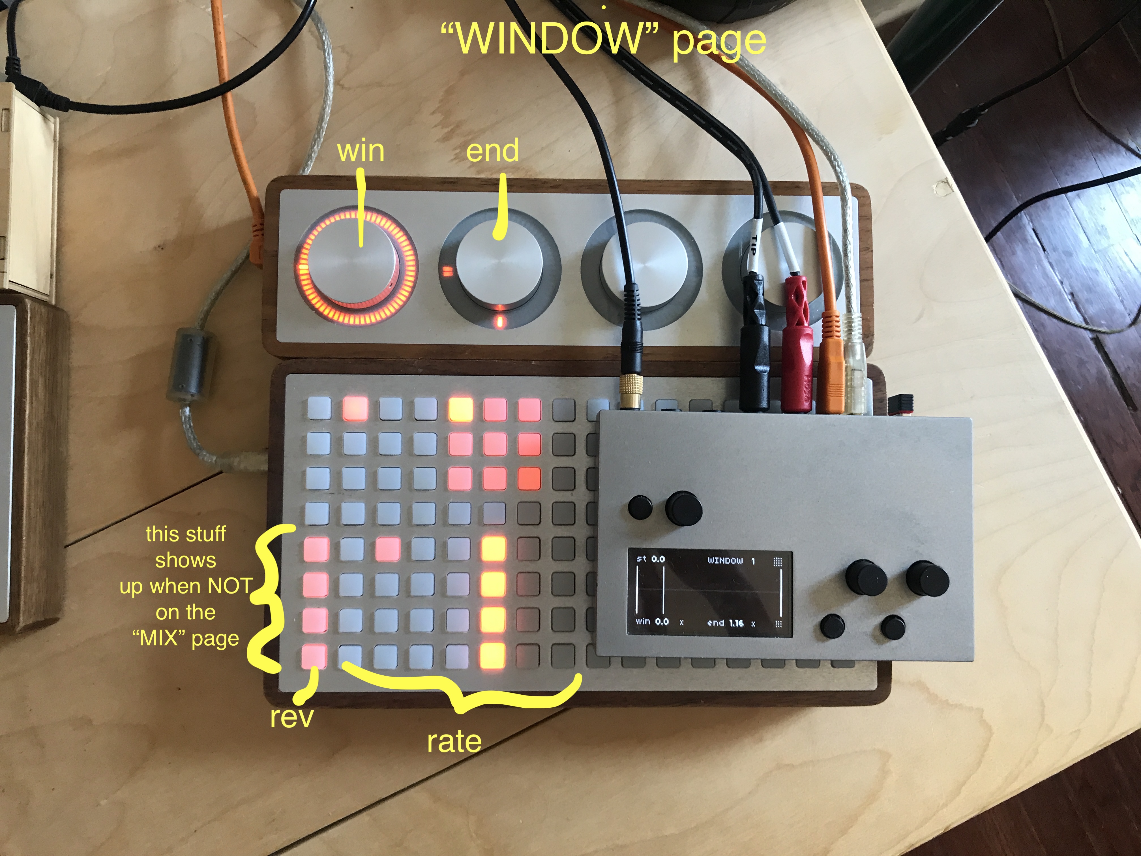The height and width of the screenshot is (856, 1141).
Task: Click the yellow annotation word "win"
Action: coord(361,151)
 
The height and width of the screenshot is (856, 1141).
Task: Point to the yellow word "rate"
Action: coord(454,741)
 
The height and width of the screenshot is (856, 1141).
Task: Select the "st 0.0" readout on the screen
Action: coord(651,559)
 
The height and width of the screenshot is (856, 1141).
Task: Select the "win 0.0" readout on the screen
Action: coord(652,621)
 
